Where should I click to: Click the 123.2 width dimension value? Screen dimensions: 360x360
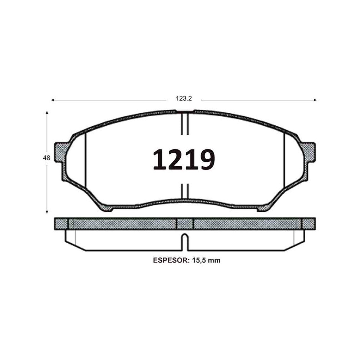pyautogui.click(x=184, y=99)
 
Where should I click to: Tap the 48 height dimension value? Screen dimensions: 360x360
pyautogui.click(x=46, y=158)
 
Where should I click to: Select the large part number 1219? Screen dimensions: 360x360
pyautogui.click(x=184, y=159)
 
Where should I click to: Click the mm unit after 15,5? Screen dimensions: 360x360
pyautogui.click(x=214, y=261)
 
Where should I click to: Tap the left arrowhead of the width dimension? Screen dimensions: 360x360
pyautogui.click(x=52, y=100)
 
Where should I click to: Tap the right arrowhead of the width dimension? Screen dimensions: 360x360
pyautogui.click(x=315, y=100)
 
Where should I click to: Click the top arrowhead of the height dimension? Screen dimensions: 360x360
pyautogui.click(x=47, y=113)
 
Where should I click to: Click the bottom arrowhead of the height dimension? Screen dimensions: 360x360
pyautogui.click(x=47, y=212)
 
